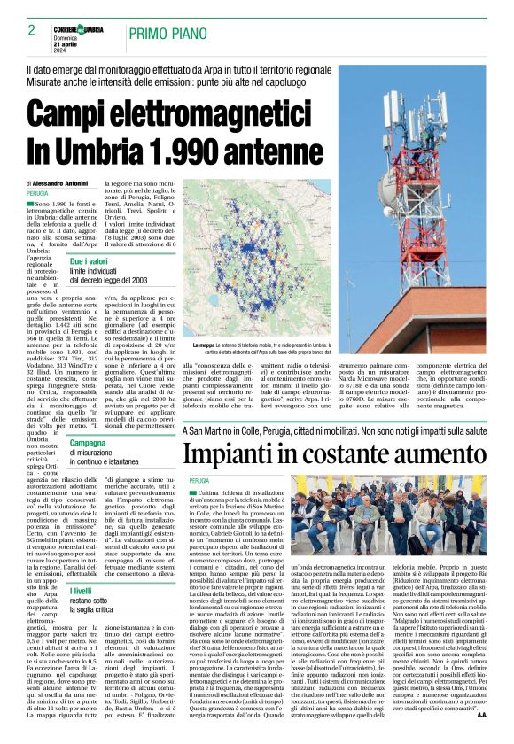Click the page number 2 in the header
pos(31,30)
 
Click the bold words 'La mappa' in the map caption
pos(206,345)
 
